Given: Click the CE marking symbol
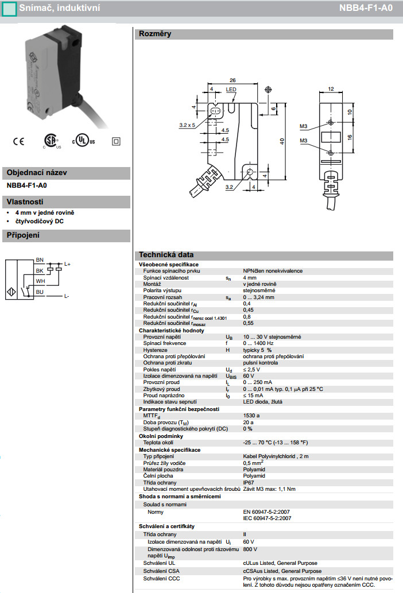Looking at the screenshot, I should pos(18,141).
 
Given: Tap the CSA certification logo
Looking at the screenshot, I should pos(49,141).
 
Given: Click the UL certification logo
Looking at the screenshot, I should pos(83,141).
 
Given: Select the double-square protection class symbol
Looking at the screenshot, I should pos(117,141).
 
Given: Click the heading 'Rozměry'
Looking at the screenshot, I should pos(155,34).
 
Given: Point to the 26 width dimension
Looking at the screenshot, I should pos(232,80).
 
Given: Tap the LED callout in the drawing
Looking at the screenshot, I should pos(231,90).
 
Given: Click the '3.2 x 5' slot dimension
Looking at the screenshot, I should pos(187,125).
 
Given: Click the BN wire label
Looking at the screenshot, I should pos(40,260).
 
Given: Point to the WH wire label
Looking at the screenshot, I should pos(40,281).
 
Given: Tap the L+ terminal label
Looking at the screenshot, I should pos(67,264).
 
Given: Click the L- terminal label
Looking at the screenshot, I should pos(67,296).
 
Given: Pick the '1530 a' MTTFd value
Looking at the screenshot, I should pos(251,416).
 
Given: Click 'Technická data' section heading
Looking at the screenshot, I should pos(166,255).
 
